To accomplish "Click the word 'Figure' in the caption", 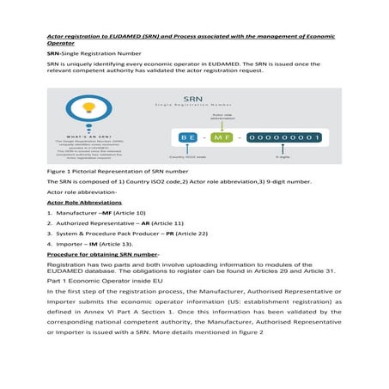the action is coord(56,172).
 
